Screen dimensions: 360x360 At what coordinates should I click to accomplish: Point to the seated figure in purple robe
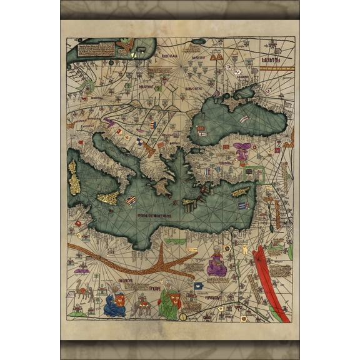coord(217,262)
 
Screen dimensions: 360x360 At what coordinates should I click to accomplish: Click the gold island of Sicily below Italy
coord(108,199)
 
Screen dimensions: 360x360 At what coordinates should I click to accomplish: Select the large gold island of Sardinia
coord(75,184)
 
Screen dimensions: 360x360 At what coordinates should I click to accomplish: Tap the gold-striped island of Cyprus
coord(241,192)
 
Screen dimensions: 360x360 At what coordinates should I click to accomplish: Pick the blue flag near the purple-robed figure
coord(199,286)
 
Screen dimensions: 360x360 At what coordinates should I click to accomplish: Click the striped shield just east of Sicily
coord(131,201)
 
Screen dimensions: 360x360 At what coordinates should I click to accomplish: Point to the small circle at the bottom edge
coord(183,317)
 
